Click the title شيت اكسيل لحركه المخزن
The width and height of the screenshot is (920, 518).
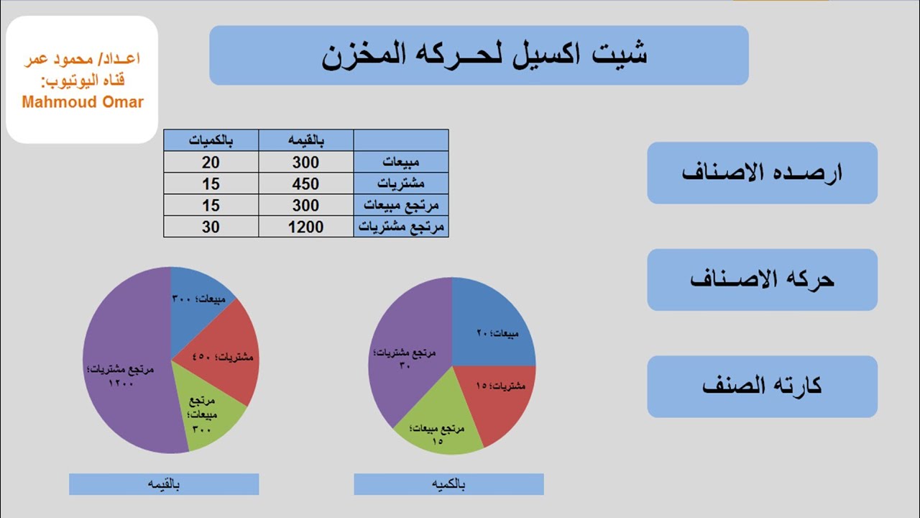point(479,55)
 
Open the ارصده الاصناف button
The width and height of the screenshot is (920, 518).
point(762,173)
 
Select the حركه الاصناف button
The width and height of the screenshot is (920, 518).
point(762,279)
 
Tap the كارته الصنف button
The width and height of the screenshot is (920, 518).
point(762,386)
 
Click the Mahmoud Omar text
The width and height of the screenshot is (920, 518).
point(83,102)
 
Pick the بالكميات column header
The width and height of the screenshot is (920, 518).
point(211,140)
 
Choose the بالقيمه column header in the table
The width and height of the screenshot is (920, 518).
point(306,140)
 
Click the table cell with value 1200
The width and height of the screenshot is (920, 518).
point(306,227)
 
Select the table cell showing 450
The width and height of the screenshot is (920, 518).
point(306,184)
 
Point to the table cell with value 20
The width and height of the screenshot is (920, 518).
point(211,163)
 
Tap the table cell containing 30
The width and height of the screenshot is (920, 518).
point(211,227)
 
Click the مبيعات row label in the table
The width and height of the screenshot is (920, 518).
point(401,163)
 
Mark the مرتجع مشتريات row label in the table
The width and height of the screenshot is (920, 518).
point(401,227)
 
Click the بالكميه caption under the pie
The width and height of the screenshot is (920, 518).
point(448,484)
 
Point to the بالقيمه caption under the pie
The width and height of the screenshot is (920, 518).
point(164,484)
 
